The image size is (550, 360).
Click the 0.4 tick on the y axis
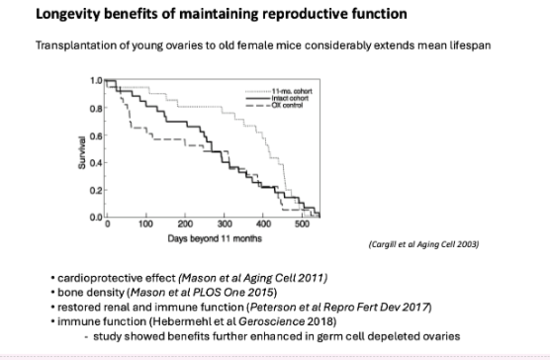tap(96, 162)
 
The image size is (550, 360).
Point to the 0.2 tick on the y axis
tap(96, 190)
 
